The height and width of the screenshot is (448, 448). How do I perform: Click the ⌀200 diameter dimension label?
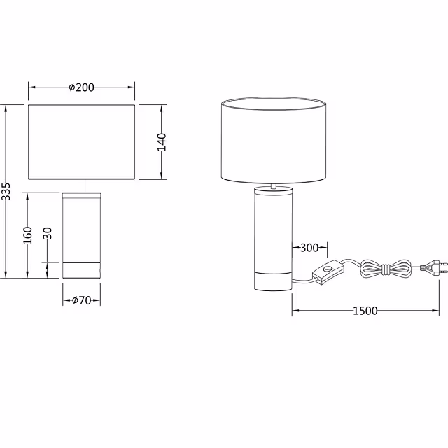82,87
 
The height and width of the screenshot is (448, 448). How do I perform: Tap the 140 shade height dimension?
162,141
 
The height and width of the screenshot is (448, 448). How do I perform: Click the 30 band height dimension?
48,234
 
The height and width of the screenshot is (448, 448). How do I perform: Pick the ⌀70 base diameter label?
81,300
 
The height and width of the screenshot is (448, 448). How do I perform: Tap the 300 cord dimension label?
309,247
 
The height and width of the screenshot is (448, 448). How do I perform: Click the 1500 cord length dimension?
365,310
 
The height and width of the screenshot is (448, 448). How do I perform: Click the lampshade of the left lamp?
82,142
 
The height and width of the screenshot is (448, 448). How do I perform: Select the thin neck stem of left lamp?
82,186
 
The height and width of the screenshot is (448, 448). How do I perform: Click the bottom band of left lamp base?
82,269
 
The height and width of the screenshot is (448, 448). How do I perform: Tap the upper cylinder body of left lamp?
82,225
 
